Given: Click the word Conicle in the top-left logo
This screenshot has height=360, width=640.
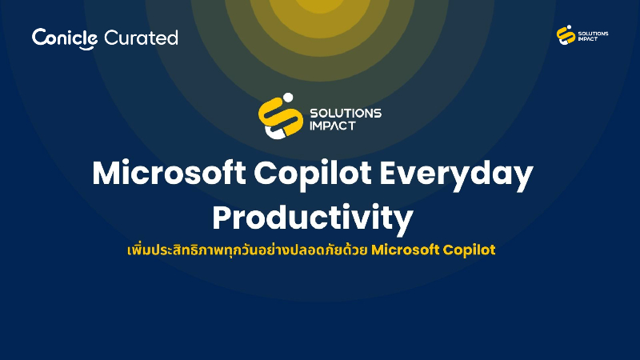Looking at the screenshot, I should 65,38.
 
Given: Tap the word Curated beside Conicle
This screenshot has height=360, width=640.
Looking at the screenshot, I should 141,38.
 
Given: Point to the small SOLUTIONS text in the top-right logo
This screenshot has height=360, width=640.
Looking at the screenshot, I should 593,33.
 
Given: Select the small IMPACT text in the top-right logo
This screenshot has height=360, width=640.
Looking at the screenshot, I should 589,40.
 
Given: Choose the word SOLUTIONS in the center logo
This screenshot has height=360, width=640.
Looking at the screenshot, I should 345,113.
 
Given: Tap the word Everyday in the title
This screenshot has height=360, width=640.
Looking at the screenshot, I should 461,174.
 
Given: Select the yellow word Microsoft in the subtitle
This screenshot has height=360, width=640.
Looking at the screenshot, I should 406,250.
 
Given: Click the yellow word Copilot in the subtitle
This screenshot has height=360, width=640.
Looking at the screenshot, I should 470,250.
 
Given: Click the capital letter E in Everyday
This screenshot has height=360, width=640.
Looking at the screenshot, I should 400,174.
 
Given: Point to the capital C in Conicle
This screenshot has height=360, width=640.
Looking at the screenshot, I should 39,38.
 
